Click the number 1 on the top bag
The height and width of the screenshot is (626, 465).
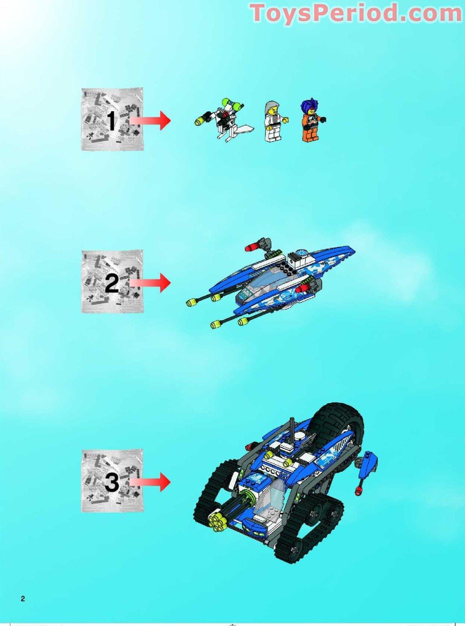[111, 121]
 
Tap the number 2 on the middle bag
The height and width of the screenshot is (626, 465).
[111, 283]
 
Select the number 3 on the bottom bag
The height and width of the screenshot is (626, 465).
[111, 483]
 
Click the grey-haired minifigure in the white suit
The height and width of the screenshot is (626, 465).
[273, 121]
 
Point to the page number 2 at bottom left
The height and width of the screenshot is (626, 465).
[22, 598]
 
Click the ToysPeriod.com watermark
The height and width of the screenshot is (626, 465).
[355, 13]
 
